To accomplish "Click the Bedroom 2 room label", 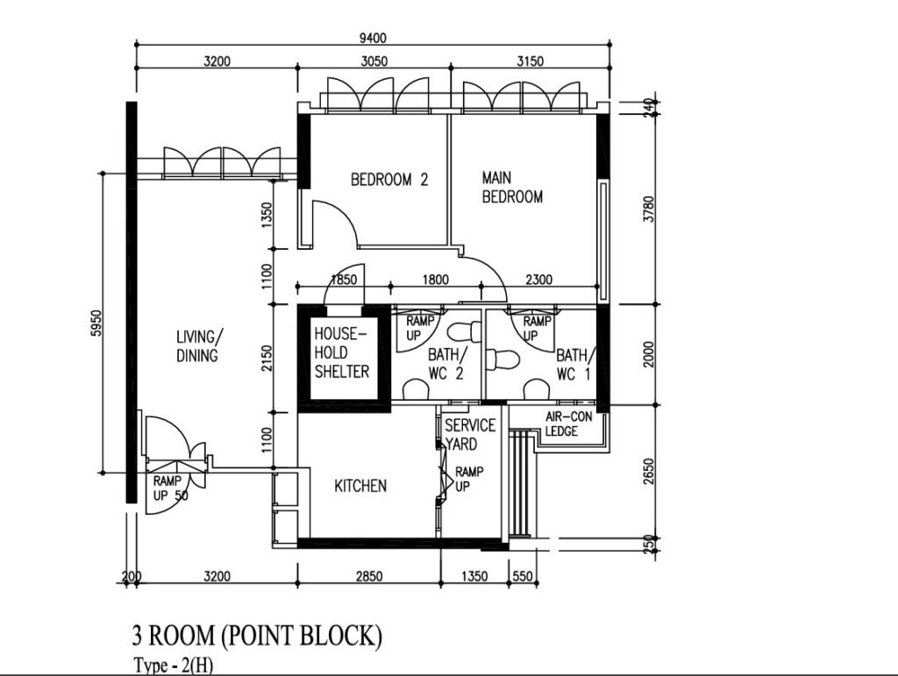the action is pyautogui.click(x=389, y=180).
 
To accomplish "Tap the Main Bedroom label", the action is pyautogui.click(x=512, y=187).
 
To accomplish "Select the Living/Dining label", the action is pyautogui.click(x=197, y=345).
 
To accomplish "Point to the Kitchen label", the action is pyautogui.click(x=360, y=486).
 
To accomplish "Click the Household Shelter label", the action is pyautogui.click(x=342, y=352).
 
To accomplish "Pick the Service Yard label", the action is pyautogui.click(x=470, y=435).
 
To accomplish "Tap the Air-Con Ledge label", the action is pyautogui.click(x=568, y=424).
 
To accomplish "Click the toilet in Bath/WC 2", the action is pyautogui.click(x=465, y=331).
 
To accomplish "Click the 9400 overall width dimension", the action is pyautogui.click(x=373, y=38).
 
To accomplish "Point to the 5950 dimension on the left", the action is pyautogui.click(x=96, y=323).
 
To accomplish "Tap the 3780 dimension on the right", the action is pyautogui.click(x=648, y=210).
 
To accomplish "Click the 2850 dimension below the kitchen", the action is pyautogui.click(x=369, y=576).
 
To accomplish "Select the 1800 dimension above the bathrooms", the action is pyautogui.click(x=435, y=280).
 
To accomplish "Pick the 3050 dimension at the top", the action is pyautogui.click(x=374, y=60).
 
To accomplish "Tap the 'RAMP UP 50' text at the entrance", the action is pyautogui.click(x=170, y=488).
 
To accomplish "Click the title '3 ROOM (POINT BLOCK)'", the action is pyautogui.click(x=257, y=636).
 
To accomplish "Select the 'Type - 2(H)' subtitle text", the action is pyautogui.click(x=174, y=665).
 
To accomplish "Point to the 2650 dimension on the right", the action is pyautogui.click(x=648, y=471).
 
